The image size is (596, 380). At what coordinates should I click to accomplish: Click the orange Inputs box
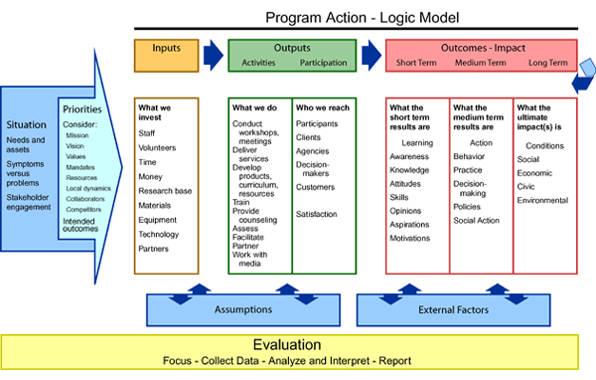coord(167,55)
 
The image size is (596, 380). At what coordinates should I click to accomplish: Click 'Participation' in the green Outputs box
coord(323,63)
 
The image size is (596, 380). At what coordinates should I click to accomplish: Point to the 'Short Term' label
coord(415,63)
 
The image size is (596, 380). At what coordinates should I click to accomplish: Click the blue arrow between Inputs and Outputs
coord(213,54)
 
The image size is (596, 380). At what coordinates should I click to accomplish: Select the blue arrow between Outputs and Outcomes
coord(369,54)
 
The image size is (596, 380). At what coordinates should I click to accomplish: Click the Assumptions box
coord(243,309)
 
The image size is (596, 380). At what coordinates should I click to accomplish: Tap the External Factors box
coord(453,309)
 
